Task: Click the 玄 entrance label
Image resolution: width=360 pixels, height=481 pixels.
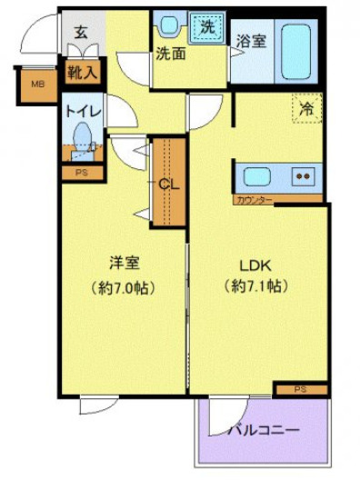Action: click(x=81, y=32)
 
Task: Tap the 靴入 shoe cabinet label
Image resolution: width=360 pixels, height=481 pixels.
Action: click(x=83, y=69)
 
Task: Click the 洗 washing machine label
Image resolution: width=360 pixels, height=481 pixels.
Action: click(x=208, y=27)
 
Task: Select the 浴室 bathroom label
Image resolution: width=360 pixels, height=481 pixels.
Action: click(x=250, y=40)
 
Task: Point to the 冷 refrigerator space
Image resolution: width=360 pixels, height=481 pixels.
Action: click(x=307, y=106)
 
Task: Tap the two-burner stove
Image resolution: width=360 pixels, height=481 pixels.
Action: click(x=304, y=176)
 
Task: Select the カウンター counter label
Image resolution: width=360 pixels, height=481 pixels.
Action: click(x=253, y=199)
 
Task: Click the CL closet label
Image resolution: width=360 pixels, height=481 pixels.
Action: click(x=169, y=183)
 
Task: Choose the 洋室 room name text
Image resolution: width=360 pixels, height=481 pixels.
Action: click(x=124, y=264)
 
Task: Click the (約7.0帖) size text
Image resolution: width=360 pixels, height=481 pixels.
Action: click(x=124, y=288)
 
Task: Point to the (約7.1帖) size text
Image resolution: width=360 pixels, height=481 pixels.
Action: click(x=255, y=288)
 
